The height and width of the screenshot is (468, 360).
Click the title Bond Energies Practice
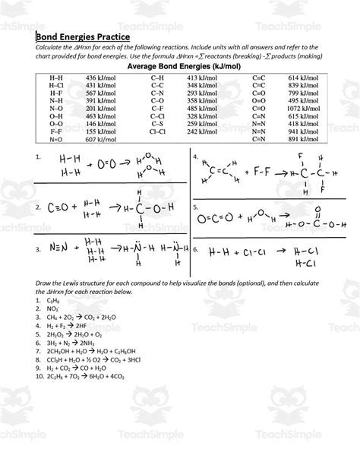84,36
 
